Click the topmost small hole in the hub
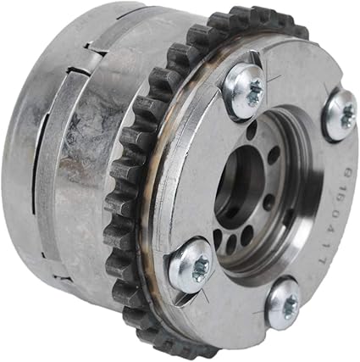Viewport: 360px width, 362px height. pyautogui.click(x=254, y=132)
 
